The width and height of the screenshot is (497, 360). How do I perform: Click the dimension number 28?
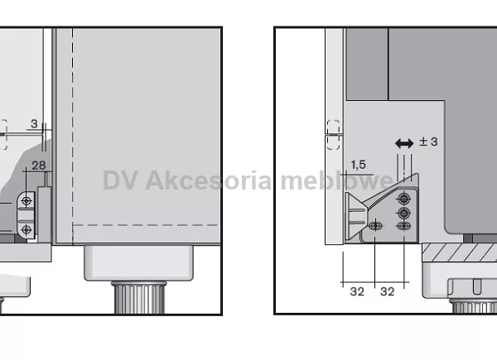pos(39,166)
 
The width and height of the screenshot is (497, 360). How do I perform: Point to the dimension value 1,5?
pos(358,165)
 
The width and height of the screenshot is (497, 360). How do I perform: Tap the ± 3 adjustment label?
pos(428,142)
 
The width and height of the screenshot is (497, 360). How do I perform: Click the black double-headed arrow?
pos(404,143)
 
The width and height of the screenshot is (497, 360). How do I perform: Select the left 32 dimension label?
pos(357,291)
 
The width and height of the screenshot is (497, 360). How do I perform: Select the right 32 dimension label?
pos(387,291)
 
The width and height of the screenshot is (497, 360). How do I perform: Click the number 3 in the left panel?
pos(34,123)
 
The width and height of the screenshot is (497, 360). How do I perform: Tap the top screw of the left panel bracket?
pos(27,201)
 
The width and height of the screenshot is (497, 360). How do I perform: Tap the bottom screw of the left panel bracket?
pos(27,229)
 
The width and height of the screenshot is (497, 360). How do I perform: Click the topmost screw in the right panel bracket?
pos(403,199)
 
